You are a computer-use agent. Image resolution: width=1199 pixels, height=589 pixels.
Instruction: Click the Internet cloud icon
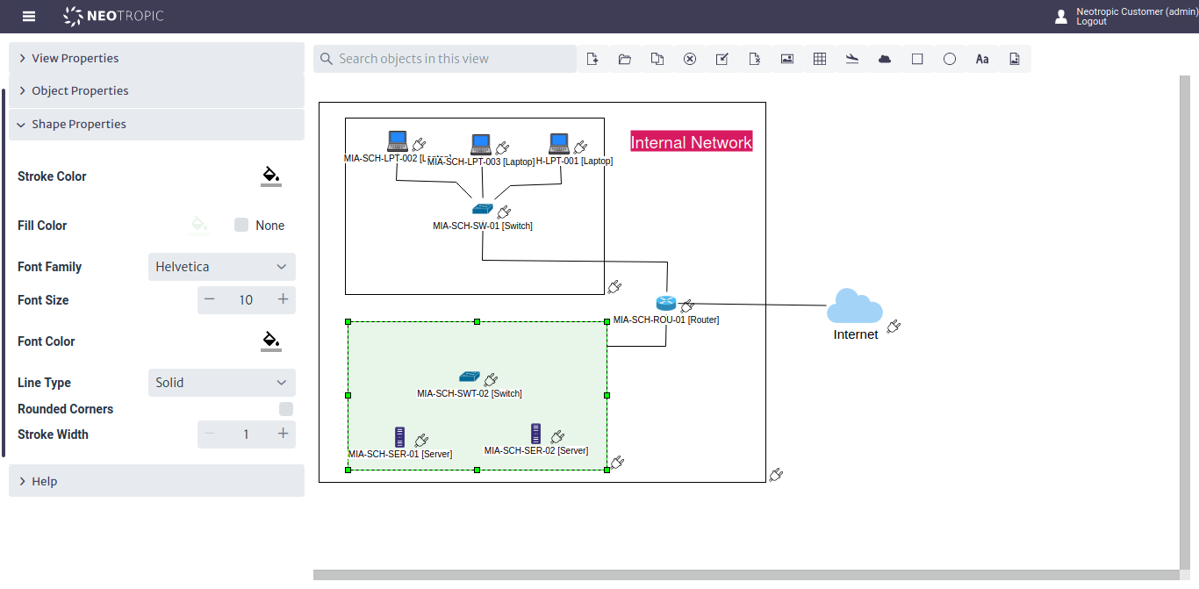coord(854,306)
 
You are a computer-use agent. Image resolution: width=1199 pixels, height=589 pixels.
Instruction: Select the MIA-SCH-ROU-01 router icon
coord(665,303)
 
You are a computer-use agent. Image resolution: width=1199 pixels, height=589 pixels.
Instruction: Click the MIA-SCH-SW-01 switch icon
coord(483,209)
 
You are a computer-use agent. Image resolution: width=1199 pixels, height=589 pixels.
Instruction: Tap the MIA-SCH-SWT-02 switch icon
coord(470,377)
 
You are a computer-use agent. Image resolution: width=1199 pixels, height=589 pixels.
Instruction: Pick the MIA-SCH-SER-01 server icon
coord(400,437)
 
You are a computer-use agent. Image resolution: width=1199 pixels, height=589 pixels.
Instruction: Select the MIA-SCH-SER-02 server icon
coord(535,434)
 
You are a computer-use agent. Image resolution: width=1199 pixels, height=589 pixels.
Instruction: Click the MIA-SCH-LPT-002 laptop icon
coord(398,141)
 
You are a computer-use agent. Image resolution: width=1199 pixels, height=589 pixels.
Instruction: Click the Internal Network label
coord(692,142)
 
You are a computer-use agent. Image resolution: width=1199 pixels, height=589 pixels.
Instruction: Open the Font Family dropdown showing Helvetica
coord(221,267)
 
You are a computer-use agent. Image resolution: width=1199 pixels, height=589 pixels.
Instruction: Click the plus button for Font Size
coord(283,300)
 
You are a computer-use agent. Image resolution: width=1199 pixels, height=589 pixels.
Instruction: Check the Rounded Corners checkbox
coord(285,409)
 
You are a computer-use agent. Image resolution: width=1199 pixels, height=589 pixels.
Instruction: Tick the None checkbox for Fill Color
coord(241,226)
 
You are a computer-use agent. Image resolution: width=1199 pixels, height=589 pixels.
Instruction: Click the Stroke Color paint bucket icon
coord(271,176)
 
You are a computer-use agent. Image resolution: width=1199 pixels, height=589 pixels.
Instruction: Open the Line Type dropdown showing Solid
coord(221,383)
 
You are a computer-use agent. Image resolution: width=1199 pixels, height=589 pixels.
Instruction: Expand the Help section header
coord(156,481)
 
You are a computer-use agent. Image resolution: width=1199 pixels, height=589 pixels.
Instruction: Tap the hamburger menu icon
coord(29,17)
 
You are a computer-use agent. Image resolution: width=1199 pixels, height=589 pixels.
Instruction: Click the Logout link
coord(1091,22)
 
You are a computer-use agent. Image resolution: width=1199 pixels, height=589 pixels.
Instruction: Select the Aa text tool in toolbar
coord(982,59)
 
